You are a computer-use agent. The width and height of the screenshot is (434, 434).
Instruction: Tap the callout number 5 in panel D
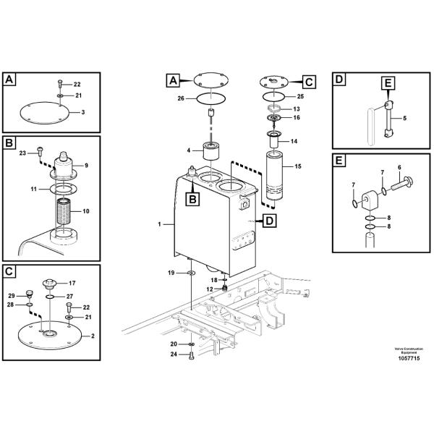tap(404, 118)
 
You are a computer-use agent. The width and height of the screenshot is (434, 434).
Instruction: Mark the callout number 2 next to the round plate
tap(92, 336)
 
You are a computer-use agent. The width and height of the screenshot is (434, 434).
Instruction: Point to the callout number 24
tap(173, 354)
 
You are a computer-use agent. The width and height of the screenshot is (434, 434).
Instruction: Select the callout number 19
tap(171, 272)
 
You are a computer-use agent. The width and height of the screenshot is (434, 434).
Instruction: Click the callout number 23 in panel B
tap(22, 153)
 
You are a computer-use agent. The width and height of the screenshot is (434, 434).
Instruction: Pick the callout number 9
tap(85, 165)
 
